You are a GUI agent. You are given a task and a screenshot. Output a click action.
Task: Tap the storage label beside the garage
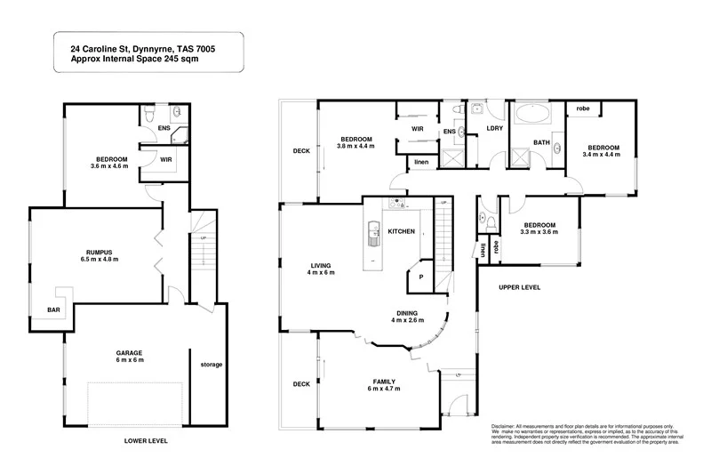[x=211, y=365]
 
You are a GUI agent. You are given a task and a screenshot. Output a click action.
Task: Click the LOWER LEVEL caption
[x=147, y=441]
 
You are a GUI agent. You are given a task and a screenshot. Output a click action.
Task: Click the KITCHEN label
[x=402, y=231]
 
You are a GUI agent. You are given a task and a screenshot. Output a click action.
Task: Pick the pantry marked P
[x=420, y=277]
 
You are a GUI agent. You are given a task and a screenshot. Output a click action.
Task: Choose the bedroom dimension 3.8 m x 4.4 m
[x=355, y=146]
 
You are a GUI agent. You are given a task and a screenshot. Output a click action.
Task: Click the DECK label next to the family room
[x=301, y=384]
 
